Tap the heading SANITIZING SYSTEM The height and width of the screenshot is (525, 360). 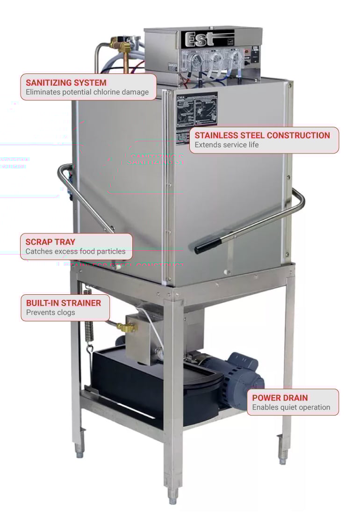(x=66, y=83)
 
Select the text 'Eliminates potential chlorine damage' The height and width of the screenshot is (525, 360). (x=87, y=92)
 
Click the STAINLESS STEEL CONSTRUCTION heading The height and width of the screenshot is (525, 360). (x=262, y=135)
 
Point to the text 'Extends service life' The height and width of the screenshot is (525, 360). (x=226, y=145)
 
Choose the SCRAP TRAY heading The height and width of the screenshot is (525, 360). (x=50, y=242)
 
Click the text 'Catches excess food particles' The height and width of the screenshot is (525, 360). (x=75, y=251)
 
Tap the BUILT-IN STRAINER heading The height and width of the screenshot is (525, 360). (x=63, y=303)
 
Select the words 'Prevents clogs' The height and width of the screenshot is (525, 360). (x=50, y=312)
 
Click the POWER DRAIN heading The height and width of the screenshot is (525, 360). (x=280, y=398)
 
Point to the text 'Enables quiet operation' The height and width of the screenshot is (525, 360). (x=291, y=407)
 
